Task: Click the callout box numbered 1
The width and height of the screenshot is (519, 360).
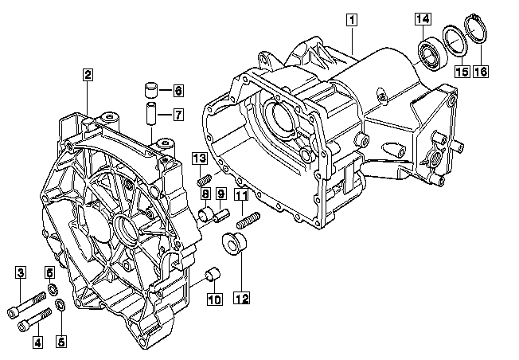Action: pyautogui.click(x=352, y=20)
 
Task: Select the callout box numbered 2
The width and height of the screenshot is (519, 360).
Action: pyautogui.click(x=88, y=75)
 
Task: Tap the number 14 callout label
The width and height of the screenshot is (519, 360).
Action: pyautogui.click(x=423, y=18)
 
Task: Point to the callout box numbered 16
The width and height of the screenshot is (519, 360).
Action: pyautogui.click(x=481, y=71)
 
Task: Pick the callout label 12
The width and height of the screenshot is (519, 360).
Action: pyautogui.click(x=242, y=298)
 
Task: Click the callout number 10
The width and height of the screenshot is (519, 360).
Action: pyautogui.click(x=214, y=299)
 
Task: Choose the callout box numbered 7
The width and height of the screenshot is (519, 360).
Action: pyautogui.click(x=178, y=115)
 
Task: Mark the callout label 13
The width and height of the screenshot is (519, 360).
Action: pyautogui.click(x=200, y=158)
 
